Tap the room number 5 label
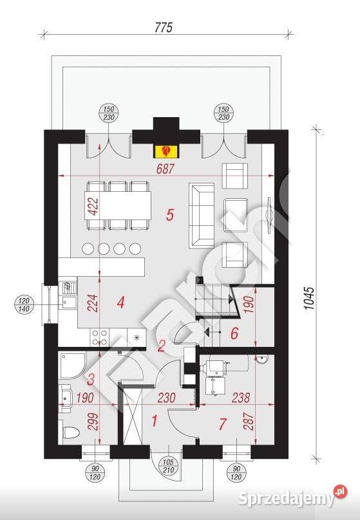click(170, 215)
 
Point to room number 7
click(222, 424)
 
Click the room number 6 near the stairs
click(235, 333)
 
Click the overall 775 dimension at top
click(165, 28)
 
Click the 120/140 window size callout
click(24, 304)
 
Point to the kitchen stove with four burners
click(100, 338)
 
